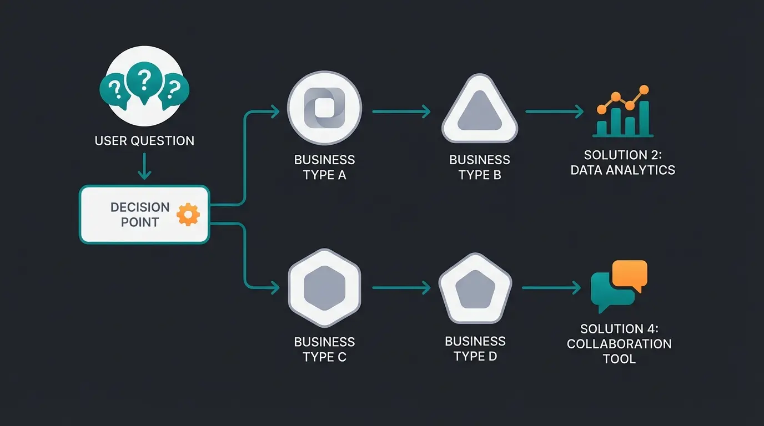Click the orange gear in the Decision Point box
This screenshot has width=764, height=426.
(x=188, y=215)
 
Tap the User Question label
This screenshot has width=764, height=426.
(x=144, y=140)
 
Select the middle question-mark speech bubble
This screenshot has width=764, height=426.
(x=144, y=83)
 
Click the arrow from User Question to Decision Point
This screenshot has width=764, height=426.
(x=144, y=166)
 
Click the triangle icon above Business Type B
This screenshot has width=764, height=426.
(x=479, y=109)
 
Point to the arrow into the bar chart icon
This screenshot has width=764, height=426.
(x=554, y=111)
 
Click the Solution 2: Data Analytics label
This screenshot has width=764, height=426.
(x=622, y=163)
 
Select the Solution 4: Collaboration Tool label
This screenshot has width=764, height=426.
(x=619, y=344)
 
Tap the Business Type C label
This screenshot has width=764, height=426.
(x=324, y=349)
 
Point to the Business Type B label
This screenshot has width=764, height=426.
(x=479, y=167)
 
